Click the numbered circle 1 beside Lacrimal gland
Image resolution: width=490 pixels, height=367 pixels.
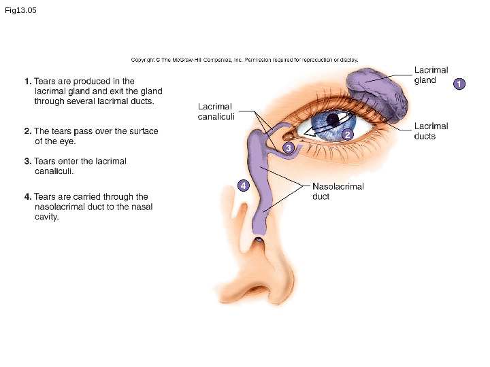[x=459, y=84]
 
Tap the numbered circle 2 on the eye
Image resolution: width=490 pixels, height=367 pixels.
[x=347, y=135]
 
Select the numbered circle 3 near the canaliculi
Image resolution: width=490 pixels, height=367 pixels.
[x=288, y=147]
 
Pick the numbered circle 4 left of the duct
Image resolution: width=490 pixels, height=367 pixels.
[x=244, y=185]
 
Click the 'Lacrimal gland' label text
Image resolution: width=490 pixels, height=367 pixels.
[x=431, y=75]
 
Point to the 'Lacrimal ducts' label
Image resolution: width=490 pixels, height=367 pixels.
[x=431, y=131]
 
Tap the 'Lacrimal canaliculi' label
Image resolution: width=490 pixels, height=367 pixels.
[x=214, y=111]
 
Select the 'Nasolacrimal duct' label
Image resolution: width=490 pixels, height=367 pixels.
[x=338, y=191]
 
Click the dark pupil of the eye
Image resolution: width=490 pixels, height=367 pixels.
[x=332, y=120]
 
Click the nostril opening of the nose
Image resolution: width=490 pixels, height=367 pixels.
[x=257, y=289]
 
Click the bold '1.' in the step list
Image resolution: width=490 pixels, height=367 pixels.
[x=27, y=82]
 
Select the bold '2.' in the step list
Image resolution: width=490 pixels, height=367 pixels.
[x=27, y=131]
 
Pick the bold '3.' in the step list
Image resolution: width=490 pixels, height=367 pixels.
[x=27, y=162]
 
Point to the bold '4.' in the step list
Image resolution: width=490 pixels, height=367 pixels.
[x=27, y=197]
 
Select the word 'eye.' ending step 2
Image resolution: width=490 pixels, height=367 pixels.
[x=66, y=141]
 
